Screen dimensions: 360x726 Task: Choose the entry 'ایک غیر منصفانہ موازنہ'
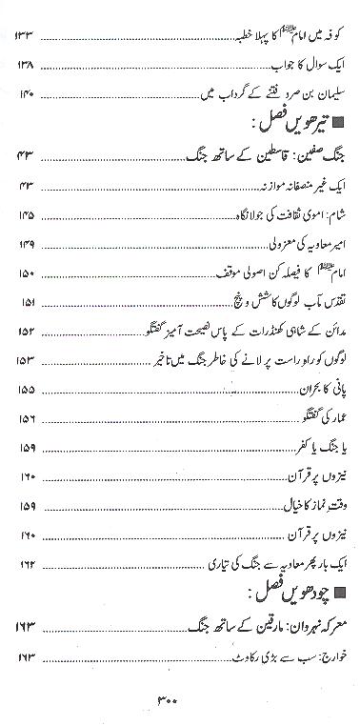click(290, 187)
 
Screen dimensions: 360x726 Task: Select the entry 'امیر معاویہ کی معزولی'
click(295, 245)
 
